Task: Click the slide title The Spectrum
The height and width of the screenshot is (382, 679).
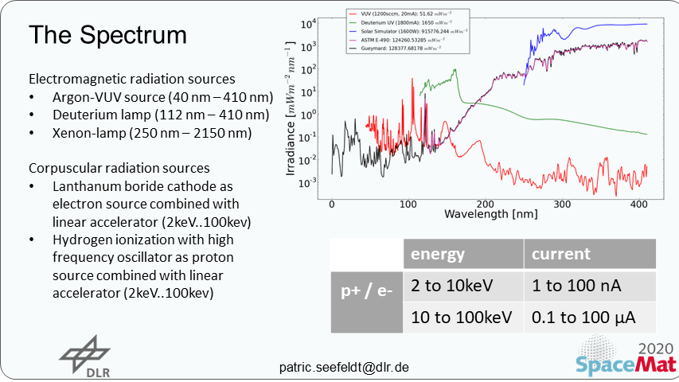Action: tap(107, 36)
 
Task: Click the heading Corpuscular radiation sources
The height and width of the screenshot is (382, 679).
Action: tap(119, 169)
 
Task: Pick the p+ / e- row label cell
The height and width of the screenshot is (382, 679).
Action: tap(367, 301)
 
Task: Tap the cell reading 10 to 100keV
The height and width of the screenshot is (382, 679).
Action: tap(462, 317)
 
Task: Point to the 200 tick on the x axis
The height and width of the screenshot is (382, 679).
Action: tap(486, 203)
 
